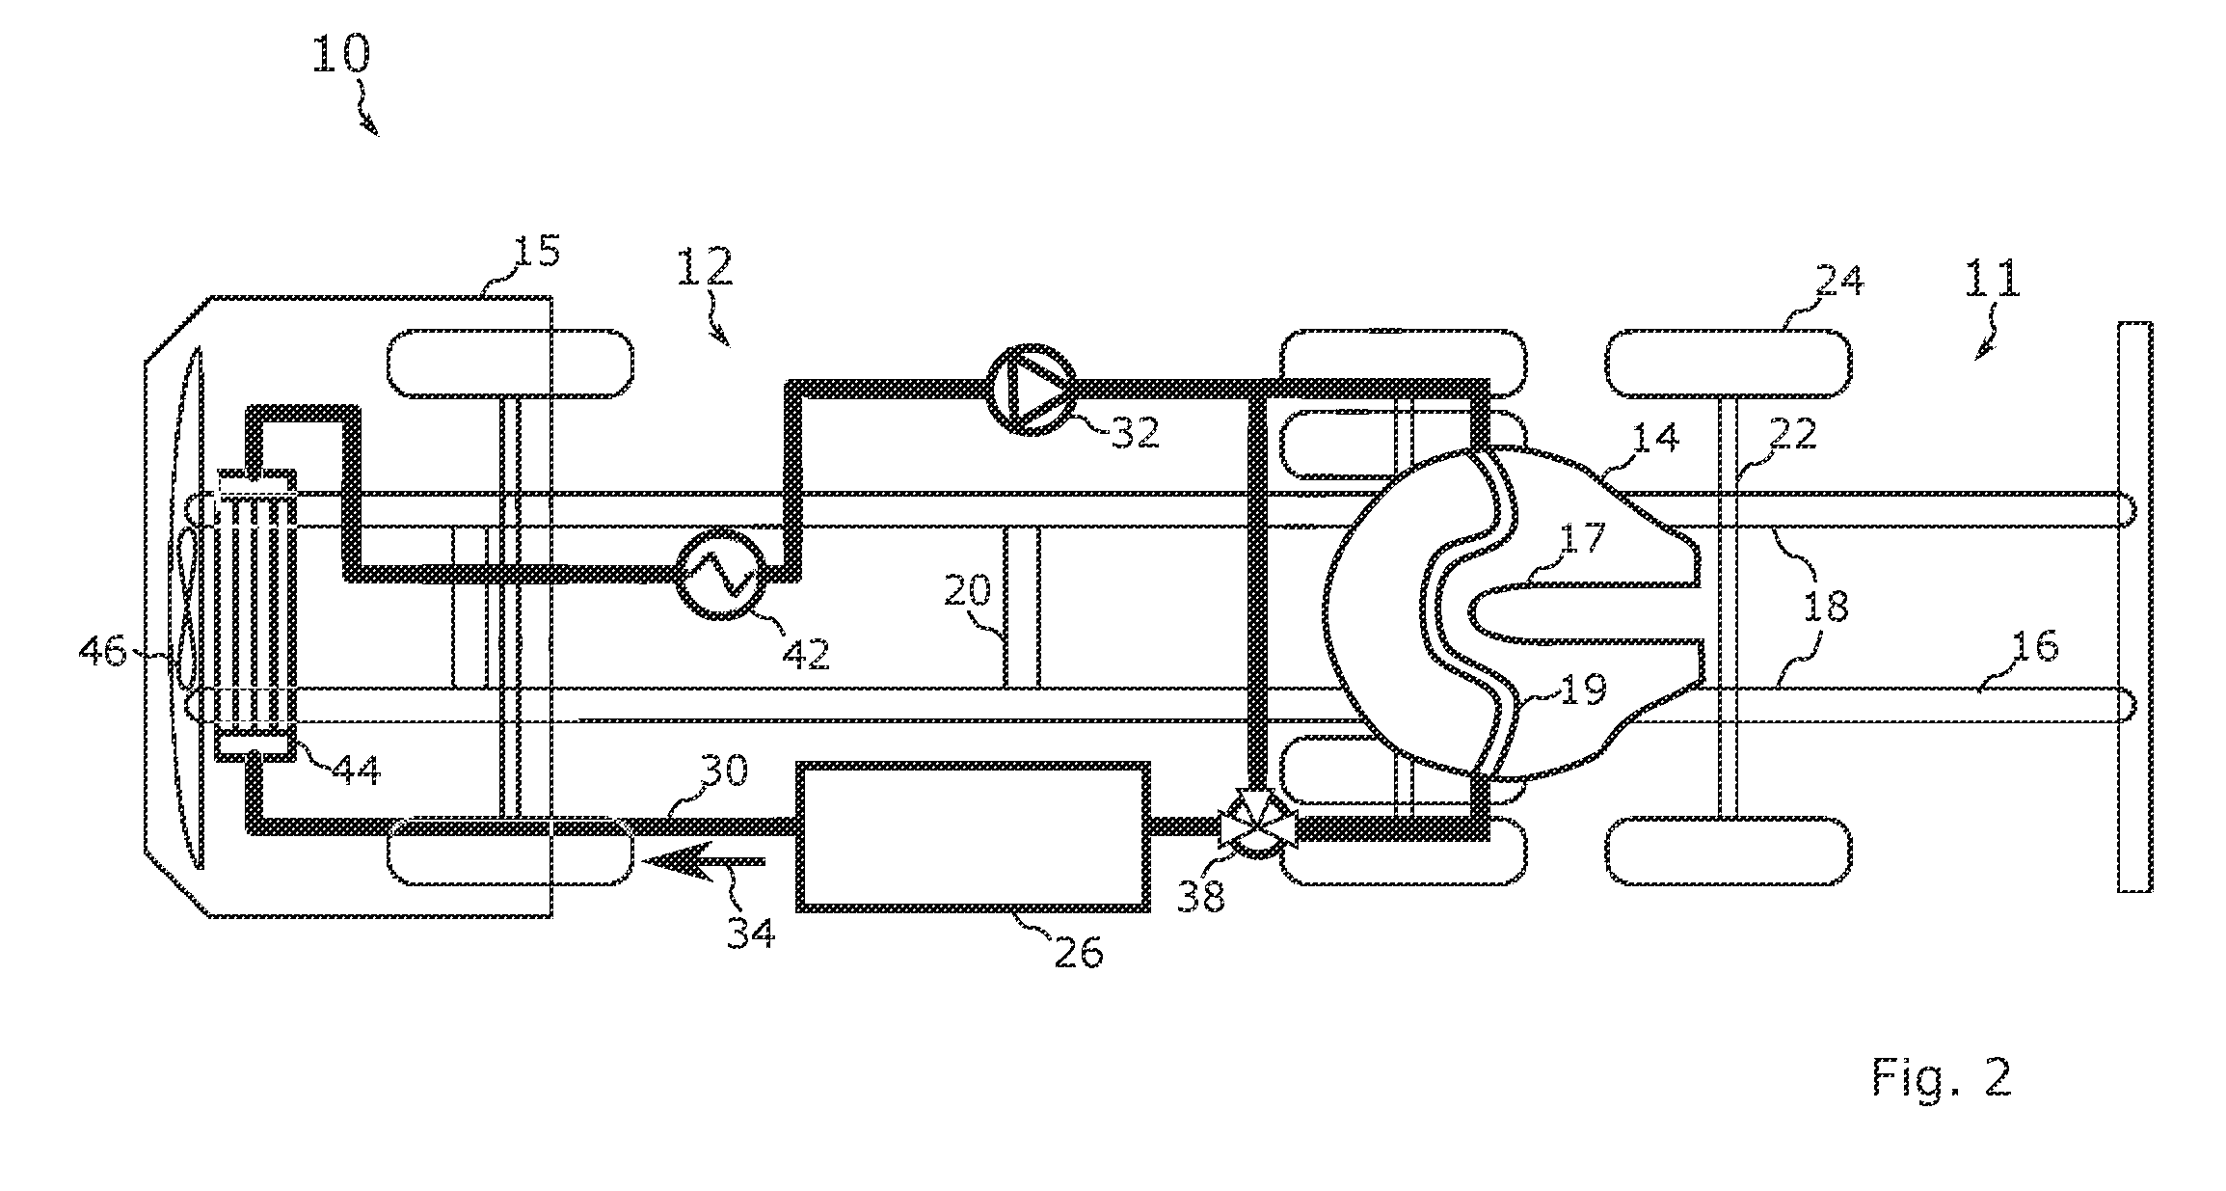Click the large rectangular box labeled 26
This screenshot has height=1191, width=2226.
973,836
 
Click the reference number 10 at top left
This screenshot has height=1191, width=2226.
340,56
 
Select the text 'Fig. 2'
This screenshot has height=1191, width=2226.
1942,1076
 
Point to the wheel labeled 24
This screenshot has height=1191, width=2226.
1728,364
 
